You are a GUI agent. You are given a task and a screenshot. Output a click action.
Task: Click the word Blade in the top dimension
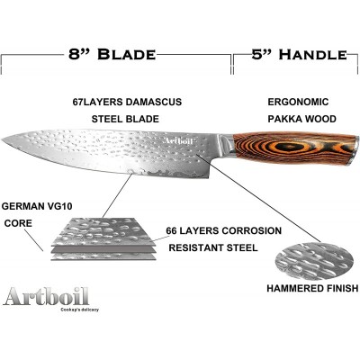pos(126,54)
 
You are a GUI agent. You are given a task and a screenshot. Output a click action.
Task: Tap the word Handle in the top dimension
pos(312,55)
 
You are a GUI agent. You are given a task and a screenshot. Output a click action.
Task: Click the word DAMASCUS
pos(154,102)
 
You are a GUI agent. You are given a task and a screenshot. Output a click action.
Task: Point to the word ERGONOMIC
pos(298,102)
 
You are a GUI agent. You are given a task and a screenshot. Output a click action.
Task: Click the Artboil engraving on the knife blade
pos(179,141)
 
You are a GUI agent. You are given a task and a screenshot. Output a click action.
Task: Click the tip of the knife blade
pos(3,139)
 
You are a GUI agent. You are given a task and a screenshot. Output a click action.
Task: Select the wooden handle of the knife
pos(294,148)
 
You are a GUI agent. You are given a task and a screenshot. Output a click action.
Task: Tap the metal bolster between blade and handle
pos(227,146)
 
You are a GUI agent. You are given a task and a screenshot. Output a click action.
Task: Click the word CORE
pos(18,223)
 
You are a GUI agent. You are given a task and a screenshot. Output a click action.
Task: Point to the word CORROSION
pos(252,230)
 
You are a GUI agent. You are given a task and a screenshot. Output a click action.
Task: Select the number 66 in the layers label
pos(172,230)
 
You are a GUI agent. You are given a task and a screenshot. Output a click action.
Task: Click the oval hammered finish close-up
pos(314,261)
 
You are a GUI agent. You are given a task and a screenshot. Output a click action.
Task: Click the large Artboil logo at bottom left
pos(46,296)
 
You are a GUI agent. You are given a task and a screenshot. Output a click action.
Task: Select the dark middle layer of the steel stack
pos(103,249)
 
